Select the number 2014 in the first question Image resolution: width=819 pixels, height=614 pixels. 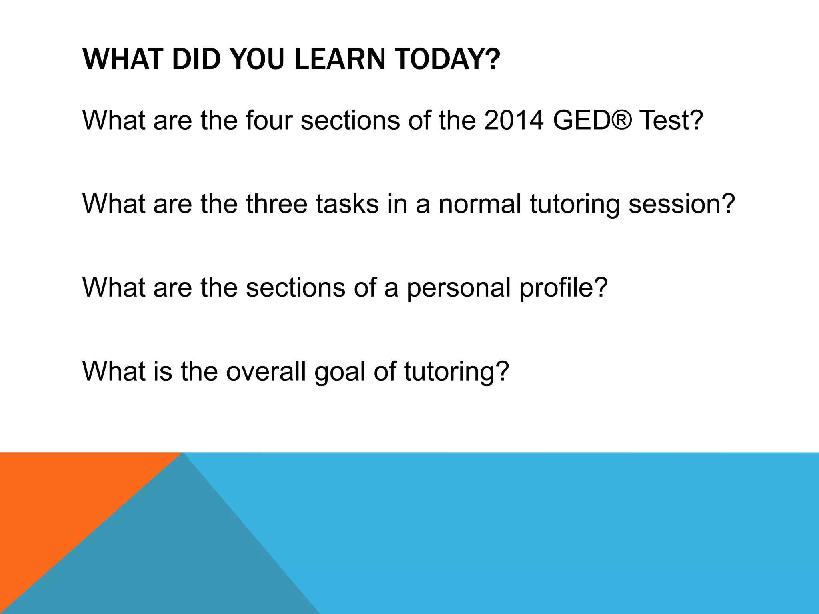pyautogui.click(x=513, y=120)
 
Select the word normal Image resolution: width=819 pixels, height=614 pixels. pyautogui.click(x=480, y=203)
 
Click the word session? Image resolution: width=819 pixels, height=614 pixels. pyautogui.click(x=682, y=203)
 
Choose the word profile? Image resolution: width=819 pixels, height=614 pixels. pyautogui.click(x=563, y=287)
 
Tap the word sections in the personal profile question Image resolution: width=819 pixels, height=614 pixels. pyautogui.click(x=295, y=287)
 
